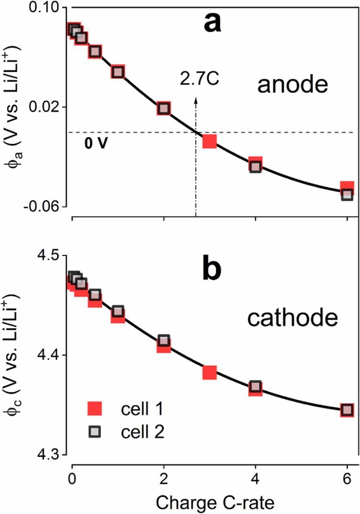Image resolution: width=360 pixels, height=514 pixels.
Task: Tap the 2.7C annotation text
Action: click(x=200, y=79)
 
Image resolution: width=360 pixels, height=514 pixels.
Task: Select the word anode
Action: click(x=293, y=86)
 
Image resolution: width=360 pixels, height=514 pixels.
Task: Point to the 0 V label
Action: click(x=96, y=143)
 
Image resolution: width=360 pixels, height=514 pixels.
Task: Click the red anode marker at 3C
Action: click(x=209, y=141)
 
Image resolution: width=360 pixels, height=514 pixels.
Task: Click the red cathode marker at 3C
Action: click(x=209, y=373)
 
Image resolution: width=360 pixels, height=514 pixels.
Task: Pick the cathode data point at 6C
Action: click(x=347, y=410)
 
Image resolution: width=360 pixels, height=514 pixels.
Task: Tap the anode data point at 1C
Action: click(x=118, y=72)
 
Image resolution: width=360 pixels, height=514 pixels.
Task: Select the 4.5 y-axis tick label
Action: click(x=51, y=256)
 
